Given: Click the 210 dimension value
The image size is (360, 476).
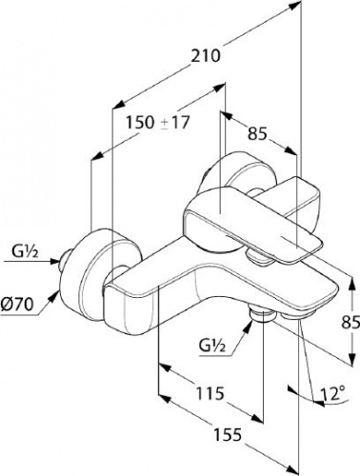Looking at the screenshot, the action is click(205, 55).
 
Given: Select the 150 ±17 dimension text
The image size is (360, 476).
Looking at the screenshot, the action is click(158, 122).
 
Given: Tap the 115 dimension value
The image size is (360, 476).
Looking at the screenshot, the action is click(210, 393).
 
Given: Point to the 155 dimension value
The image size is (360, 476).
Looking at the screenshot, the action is click(228, 434).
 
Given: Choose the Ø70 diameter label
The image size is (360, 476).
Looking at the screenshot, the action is click(17, 305).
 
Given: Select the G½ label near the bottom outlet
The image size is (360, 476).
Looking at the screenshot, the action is click(212, 346).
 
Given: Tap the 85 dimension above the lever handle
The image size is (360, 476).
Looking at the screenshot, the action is click(256, 133).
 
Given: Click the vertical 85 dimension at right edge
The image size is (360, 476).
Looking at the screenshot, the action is click(350, 323).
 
